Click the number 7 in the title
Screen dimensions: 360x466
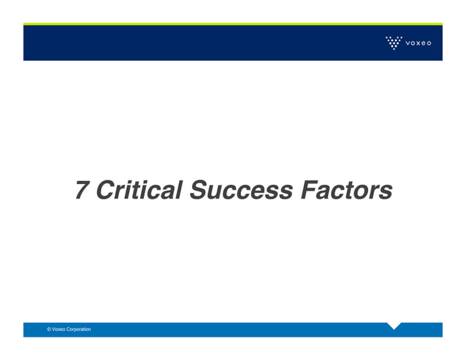pyautogui.click(x=83, y=191)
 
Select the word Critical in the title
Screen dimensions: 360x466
pyautogui.click(x=139, y=191)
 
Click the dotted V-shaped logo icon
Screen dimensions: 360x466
pyautogui.click(x=394, y=42)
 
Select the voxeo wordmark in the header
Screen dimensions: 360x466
pyautogui.click(x=419, y=43)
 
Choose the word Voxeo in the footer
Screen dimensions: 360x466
pyautogui.click(x=59, y=330)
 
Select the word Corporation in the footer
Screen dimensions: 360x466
pyautogui.click(x=79, y=330)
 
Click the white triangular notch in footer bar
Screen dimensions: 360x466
pyautogui.click(x=394, y=325)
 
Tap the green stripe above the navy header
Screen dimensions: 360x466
pyautogui.click(x=233, y=24)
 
